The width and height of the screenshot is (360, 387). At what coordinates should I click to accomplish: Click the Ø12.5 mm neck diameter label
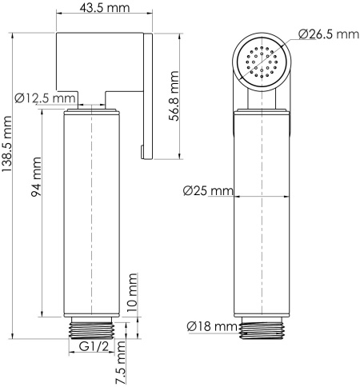pyautogui.click(x=46, y=98)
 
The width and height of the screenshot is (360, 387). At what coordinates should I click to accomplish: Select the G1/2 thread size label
pyautogui.click(x=94, y=346)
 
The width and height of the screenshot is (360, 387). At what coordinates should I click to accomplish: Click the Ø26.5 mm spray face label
pyautogui.click(x=328, y=34)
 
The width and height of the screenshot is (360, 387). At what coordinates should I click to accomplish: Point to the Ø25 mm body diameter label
pyautogui.click(x=207, y=191)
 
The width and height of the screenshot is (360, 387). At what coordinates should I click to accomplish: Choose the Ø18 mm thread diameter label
pyautogui.click(x=211, y=326)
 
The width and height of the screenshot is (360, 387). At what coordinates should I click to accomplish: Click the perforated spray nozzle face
pyautogui.click(x=260, y=62)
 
